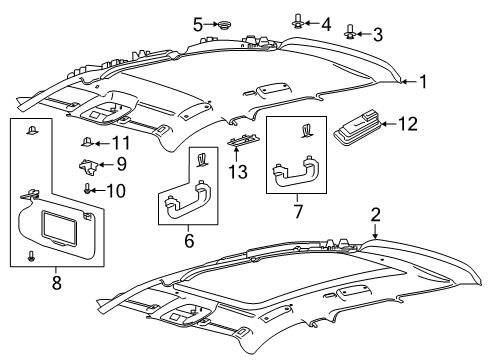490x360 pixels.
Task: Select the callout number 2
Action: [375, 213]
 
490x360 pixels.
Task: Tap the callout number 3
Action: [377, 35]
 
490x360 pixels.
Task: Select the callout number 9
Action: [121, 163]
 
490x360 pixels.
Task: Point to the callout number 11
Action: [121, 142]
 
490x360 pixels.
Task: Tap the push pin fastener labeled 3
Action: [350, 33]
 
